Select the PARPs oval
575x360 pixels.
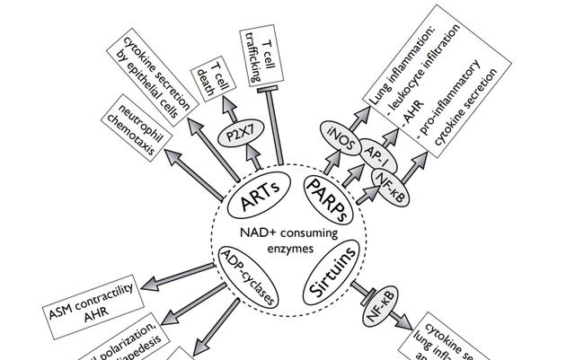pos(327,194)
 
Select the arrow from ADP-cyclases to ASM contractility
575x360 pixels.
pos(175,278)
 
